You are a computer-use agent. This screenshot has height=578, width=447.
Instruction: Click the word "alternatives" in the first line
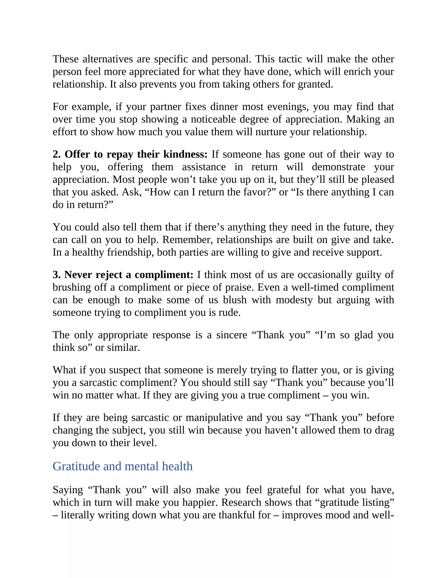pos(108,59)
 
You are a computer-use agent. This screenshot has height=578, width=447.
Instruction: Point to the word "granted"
pos(315,84)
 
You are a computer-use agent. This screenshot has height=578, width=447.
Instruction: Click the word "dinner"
pos(224,107)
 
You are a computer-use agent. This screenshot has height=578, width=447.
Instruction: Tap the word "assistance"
pos(204,167)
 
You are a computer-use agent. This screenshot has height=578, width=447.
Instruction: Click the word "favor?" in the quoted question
pos(261,192)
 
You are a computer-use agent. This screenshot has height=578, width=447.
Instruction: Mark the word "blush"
pos(235,300)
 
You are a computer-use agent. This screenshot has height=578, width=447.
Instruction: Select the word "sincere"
pos(231,335)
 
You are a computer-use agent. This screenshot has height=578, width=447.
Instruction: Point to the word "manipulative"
pos(214,418)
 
